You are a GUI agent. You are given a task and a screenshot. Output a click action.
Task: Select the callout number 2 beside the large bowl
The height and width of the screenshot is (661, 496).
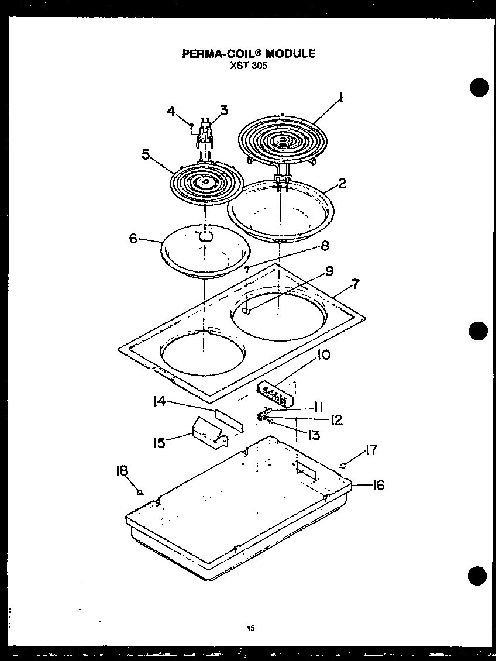coord(342,183)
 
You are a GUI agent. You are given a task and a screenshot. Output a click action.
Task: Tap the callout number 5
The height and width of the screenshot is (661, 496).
coord(146,154)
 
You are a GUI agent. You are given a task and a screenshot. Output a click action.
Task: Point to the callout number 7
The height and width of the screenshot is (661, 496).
coord(355,284)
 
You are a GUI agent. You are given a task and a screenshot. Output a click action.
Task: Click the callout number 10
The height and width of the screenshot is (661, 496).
coord(323,355)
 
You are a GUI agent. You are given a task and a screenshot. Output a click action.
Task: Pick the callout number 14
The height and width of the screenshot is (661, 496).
coord(160,401)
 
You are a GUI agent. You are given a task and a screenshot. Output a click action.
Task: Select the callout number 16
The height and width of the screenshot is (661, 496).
coord(378,485)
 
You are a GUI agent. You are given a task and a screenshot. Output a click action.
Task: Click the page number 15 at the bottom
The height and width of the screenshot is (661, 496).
coord(250,629)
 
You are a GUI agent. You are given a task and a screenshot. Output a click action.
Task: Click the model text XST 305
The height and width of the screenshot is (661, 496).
coord(249,66)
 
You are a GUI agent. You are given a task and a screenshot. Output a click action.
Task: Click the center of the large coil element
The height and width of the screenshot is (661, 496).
coord(283,140)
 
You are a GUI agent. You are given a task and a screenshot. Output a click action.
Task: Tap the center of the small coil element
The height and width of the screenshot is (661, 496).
coord(205,183)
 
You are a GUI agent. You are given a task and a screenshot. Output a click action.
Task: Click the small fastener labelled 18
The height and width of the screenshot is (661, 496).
coord(140,493)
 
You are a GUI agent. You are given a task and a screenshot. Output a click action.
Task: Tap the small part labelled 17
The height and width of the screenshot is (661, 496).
coord(343,465)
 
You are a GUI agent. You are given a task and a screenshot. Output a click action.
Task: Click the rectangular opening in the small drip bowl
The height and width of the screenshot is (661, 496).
coord(205,236)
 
